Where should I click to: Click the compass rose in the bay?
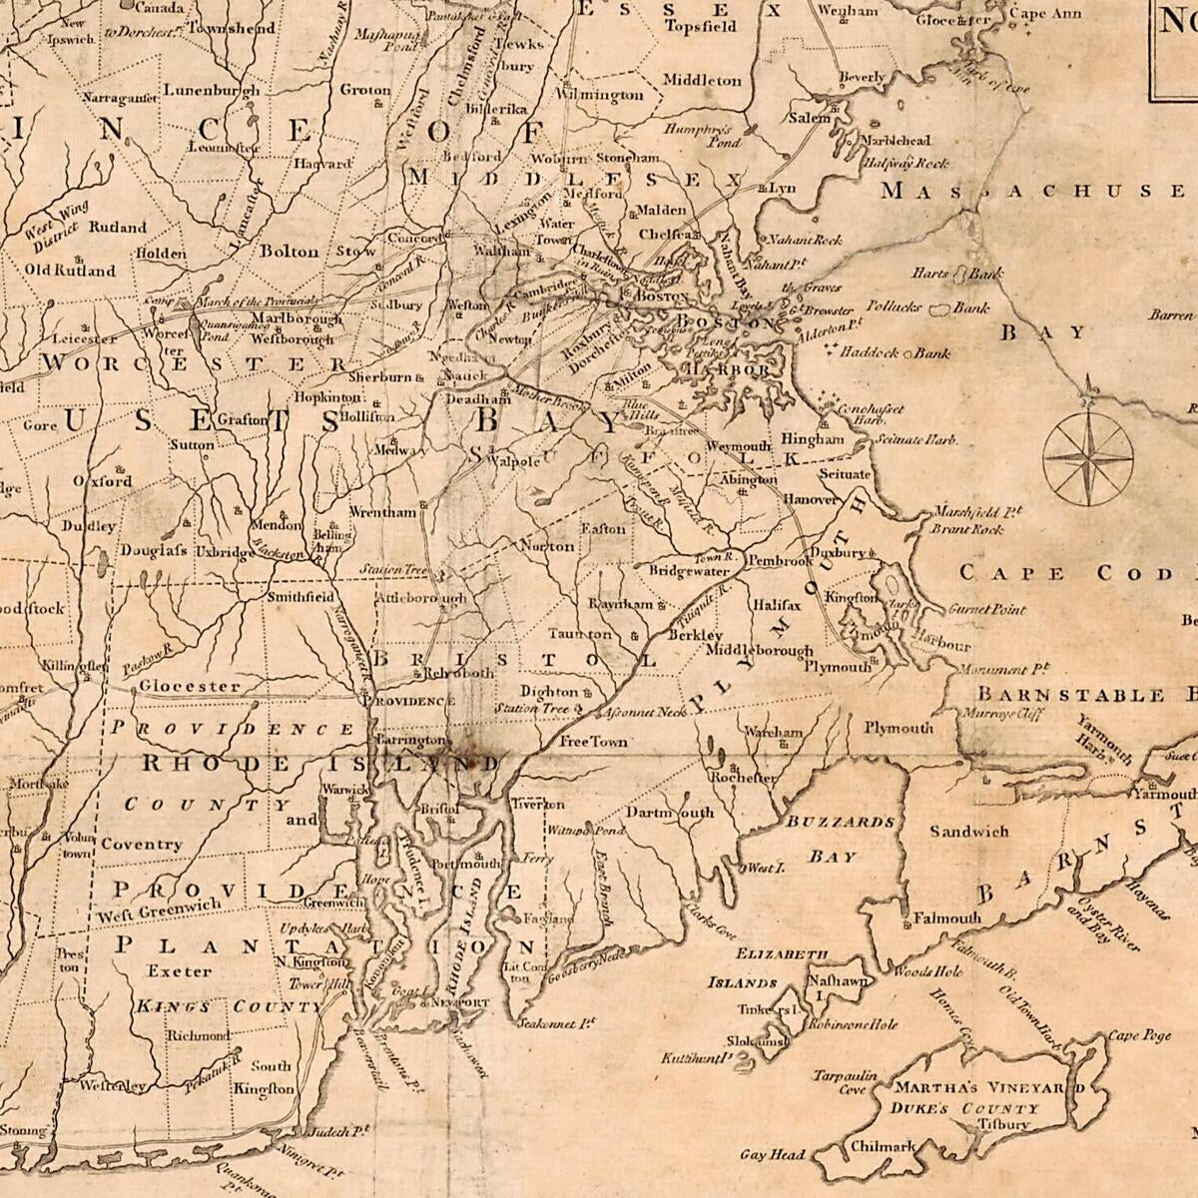tap(1087, 458)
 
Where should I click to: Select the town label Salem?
tap(810, 118)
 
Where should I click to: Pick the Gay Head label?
tap(772, 1155)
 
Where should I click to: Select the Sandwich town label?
tap(968, 831)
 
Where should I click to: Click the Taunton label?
tap(580, 634)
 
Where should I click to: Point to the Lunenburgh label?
tap(211, 90)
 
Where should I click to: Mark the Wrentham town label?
tap(382, 512)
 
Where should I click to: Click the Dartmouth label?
tap(670, 812)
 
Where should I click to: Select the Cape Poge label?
tap(1139, 1035)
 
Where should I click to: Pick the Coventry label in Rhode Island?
tap(141, 844)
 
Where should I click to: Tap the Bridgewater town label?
tap(689, 571)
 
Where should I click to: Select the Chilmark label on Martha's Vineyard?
tap(883, 1147)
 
